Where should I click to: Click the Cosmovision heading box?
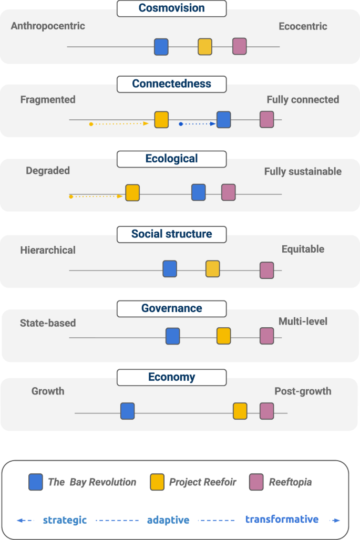pos(171,8)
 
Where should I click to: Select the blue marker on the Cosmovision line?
pos(161,47)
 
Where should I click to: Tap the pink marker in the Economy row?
pos(267,411)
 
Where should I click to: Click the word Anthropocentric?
pos(48,25)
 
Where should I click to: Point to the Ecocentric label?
pos(303,26)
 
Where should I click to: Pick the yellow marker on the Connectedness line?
pos(161,120)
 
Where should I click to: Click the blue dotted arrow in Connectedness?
pos(198,124)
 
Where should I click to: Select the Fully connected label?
pos(303,99)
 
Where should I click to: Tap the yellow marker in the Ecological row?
pos(132,192)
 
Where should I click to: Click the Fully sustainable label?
pos(303,171)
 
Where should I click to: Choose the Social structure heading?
pos(171,234)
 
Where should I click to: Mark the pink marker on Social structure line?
pos(267,270)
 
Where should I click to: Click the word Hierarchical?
pos(48,250)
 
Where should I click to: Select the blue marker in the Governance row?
pos(173,336)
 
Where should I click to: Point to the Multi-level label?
pos(303,321)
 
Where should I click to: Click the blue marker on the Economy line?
pos(128,411)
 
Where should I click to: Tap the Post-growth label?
pos(303,391)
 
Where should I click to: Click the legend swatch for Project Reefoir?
pos(157,482)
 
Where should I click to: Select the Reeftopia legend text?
pos(290,482)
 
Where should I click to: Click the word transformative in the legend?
pos(282,520)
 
